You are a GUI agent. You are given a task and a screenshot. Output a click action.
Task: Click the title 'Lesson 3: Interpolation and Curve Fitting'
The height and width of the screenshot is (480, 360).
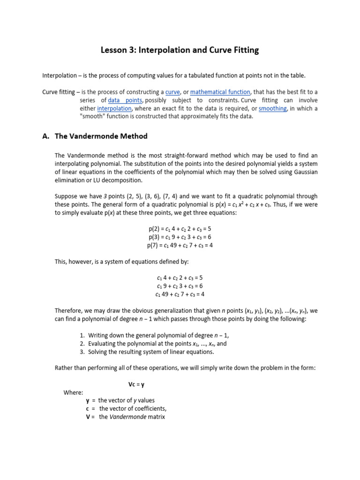point(180,50)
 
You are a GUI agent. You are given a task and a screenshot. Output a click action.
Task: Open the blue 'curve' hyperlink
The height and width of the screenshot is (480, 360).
point(172,92)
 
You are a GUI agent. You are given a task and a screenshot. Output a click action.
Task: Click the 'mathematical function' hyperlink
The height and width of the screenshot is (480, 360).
point(220,92)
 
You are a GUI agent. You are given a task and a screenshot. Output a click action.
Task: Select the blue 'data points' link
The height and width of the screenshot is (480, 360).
point(125,100)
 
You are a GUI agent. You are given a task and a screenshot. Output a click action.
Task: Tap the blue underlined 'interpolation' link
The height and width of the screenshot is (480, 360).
point(114,108)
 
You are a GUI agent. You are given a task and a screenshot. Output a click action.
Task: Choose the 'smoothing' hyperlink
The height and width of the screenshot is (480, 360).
point(272,108)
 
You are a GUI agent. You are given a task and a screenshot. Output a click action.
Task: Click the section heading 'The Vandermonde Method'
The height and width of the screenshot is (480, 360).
point(101,136)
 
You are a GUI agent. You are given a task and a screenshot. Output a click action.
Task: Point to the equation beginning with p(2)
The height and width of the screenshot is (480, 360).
point(180,229)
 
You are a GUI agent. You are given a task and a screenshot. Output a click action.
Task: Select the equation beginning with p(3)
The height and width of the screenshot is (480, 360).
point(180,237)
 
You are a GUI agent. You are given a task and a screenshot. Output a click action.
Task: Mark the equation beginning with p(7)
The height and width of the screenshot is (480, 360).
point(180,245)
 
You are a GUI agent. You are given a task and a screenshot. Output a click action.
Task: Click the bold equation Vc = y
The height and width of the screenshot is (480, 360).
point(136,384)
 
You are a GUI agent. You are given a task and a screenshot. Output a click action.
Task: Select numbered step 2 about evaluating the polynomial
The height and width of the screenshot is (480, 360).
point(154,343)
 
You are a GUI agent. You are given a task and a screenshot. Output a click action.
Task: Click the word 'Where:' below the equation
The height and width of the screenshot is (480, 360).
point(74,392)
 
